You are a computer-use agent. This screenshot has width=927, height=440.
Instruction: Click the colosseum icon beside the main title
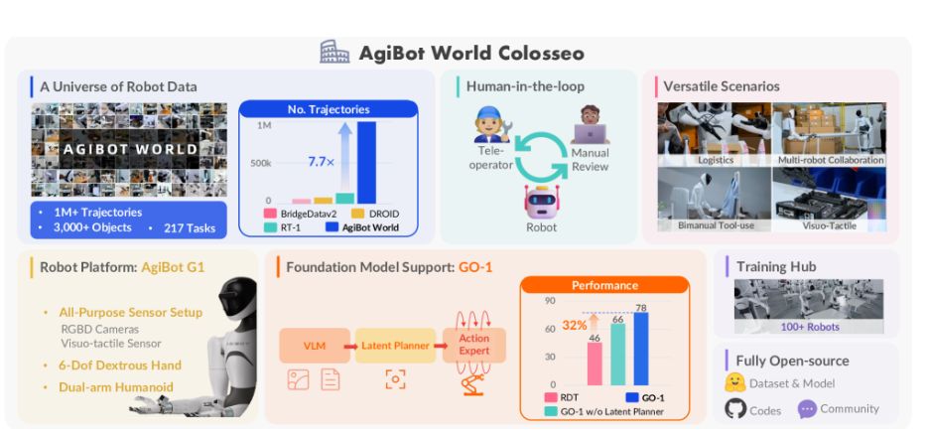coord(333,53)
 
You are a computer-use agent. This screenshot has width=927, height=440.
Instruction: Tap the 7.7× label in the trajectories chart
coord(322,160)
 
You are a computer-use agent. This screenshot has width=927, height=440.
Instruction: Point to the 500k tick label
coord(260,163)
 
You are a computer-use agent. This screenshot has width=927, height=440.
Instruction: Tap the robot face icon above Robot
coord(542,202)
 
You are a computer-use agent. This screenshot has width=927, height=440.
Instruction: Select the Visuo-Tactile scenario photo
coord(829,199)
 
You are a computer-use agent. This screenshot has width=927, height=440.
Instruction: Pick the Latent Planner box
coord(396,347)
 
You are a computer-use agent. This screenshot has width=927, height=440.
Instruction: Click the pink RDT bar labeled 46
coord(595,364)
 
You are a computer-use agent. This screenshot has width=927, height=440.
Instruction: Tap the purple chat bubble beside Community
coord(807,408)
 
